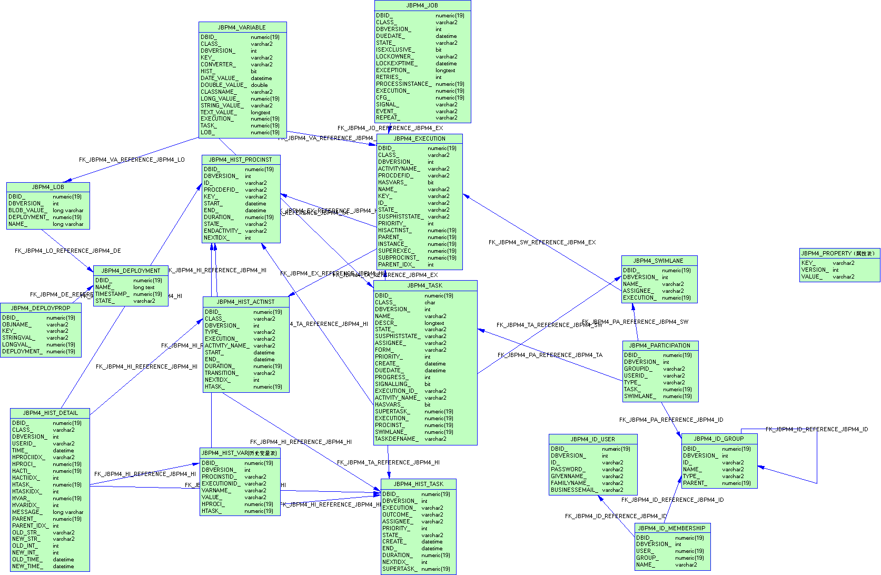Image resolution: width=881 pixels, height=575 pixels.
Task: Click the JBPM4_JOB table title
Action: coord(422,5)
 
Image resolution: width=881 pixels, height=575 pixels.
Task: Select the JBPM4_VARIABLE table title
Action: coord(242,27)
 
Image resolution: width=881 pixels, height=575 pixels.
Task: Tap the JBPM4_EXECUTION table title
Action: coord(420,138)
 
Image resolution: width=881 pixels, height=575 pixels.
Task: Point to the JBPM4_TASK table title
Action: coord(425,285)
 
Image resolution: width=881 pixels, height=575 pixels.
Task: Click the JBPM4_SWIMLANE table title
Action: coord(658,261)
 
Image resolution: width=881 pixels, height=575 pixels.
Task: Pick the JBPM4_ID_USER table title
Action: coord(592,439)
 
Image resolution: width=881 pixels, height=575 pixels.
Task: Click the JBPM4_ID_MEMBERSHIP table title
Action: coord(671,528)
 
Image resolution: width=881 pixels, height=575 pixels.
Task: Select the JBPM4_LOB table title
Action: coord(48,187)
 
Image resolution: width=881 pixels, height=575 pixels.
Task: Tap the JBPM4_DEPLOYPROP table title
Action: coord(41,308)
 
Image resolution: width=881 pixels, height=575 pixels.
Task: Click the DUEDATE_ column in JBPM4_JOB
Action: coord(390,36)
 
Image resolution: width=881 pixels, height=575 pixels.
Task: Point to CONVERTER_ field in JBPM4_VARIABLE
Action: coord(217,64)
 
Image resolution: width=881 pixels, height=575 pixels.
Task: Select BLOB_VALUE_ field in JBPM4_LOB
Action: coord(27,210)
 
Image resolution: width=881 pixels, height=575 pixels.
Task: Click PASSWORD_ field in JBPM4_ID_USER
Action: coord(568,469)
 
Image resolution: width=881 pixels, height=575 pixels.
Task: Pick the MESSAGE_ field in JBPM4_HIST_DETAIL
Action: coord(26,512)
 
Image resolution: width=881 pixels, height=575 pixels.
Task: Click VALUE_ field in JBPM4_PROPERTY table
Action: coord(811,276)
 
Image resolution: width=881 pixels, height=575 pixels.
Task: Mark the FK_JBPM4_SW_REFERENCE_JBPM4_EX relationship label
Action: coord(542,242)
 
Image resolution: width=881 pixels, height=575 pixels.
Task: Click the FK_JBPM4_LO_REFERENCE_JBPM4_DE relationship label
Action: coord(67,251)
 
